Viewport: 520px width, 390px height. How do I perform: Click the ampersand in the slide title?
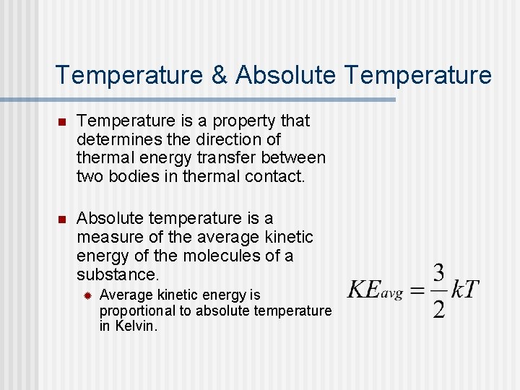(x=218, y=75)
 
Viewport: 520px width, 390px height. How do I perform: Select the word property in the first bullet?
(x=244, y=121)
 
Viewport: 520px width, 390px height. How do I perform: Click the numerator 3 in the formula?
(x=438, y=274)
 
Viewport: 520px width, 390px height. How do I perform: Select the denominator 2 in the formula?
(x=438, y=308)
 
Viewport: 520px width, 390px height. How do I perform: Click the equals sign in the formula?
(x=417, y=290)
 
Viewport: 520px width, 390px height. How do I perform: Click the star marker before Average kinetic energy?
(x=87, y=295)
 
